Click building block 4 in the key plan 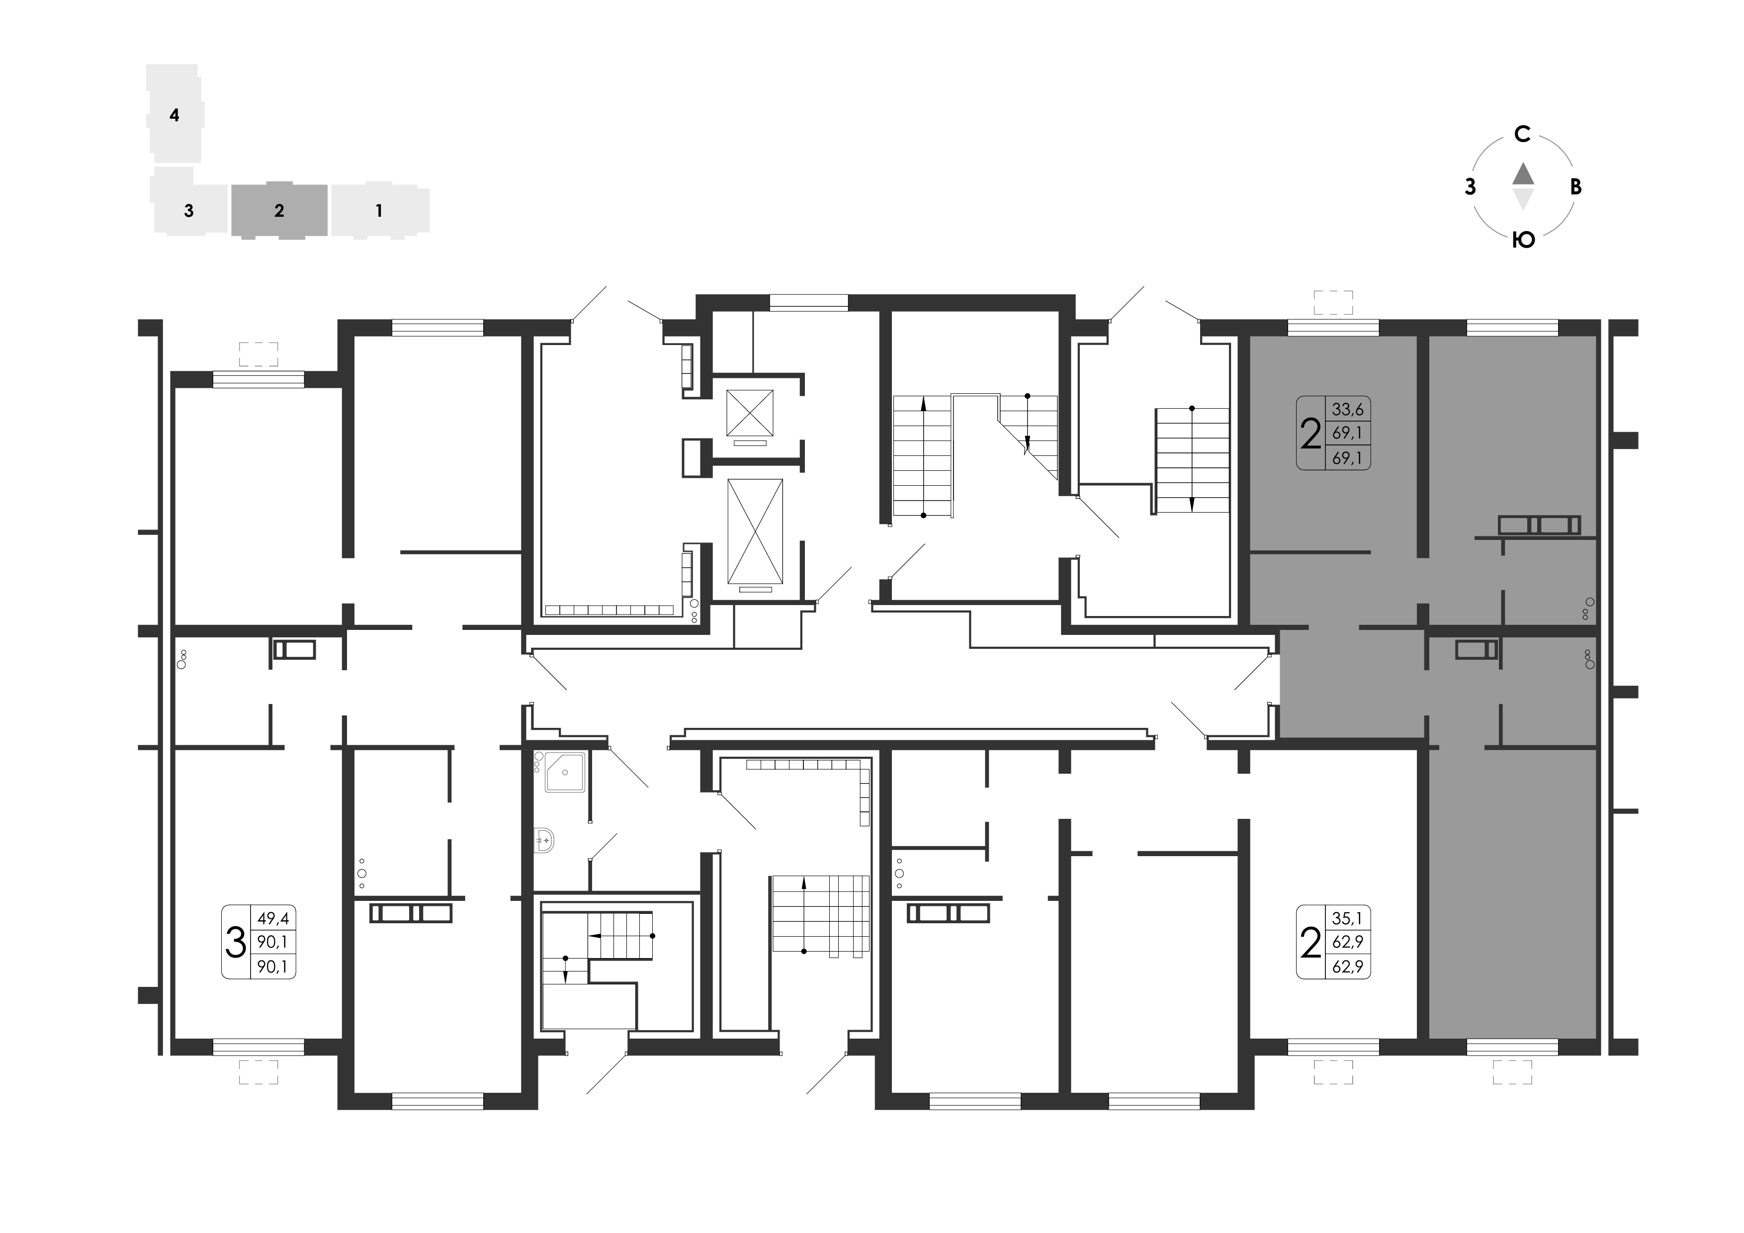(x=174, y=114)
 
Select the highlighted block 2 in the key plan (x=279, y=210)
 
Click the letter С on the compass (x=1522, y=134)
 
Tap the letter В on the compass (x=1576, y=187)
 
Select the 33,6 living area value (x=1347, y=410)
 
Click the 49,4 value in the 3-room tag (x=273, y=918)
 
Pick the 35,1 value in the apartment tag (x=1347, y=918)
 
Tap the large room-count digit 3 (x=236, y=942)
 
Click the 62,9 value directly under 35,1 (x=1347, y=942)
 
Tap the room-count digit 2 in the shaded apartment (x=1311, y=434)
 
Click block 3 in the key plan (x=189, y=210)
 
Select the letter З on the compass (x=1471, y=187)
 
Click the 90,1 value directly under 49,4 (x=273, y=942)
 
